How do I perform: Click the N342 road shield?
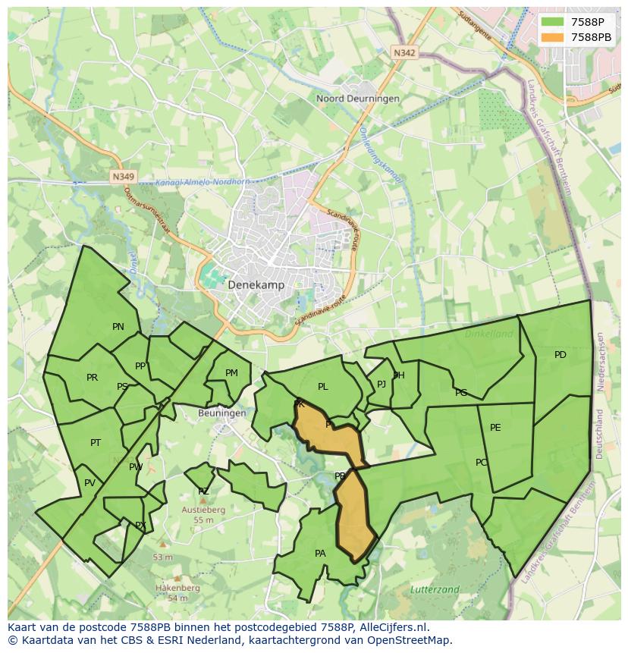pos(405,52)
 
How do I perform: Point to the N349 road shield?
pos(122,177)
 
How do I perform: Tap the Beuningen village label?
pos(221,413)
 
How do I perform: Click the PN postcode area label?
pos(118,327)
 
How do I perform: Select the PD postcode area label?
pos(560,355)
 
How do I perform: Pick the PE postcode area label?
pos(495,428)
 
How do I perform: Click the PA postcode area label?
pos(320,554)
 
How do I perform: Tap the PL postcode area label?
pos(323,387)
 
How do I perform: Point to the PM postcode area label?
pos(232,372)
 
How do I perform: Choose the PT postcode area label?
pos(96,443)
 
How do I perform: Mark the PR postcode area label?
pos(93,378)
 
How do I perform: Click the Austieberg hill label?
pos(203,510)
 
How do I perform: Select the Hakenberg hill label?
pos(177,588)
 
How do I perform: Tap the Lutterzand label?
pos(435,589)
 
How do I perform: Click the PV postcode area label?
pos(90,483)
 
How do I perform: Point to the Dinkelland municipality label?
pos(488,333)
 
